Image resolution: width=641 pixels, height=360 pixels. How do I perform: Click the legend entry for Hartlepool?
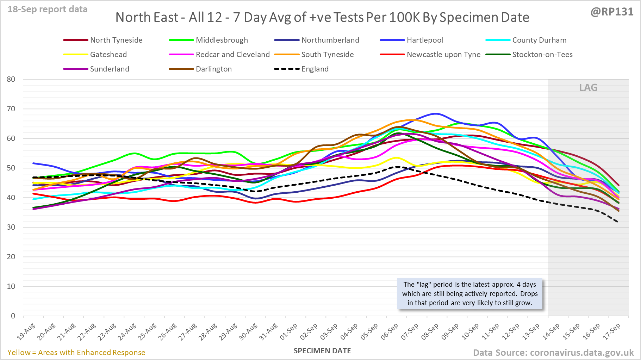point(424,40)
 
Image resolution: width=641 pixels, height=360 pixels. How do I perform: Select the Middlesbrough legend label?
point(222,40)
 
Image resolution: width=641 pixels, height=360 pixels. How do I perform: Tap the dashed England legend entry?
point(315,69)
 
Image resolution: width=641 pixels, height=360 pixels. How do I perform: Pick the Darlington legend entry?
point(213,69)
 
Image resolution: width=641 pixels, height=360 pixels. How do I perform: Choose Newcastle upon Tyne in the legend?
point(443,55)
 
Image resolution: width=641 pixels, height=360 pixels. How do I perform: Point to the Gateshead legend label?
point(108,55)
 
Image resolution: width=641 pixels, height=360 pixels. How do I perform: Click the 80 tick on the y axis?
point(11,79)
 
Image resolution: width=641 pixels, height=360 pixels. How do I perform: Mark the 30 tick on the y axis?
point(11,227)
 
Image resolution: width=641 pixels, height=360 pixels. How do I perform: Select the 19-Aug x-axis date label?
point(27,331)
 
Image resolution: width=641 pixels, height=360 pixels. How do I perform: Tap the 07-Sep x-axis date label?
point(410,331)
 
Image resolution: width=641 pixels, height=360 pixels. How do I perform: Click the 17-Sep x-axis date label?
point(612,331)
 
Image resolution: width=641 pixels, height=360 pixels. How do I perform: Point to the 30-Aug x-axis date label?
point(248,331)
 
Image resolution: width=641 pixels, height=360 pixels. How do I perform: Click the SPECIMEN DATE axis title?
point(322,351)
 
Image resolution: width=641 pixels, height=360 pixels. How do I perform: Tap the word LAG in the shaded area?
point(588,88)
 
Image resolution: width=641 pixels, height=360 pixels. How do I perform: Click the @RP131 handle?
point(612,12)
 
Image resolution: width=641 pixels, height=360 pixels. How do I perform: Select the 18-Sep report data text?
point(48,10)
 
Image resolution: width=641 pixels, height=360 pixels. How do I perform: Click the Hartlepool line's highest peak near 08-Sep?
point(436,114)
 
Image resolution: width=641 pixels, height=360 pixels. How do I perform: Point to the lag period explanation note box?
point(470,294)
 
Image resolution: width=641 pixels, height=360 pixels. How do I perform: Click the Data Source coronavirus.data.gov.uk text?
point(553,353)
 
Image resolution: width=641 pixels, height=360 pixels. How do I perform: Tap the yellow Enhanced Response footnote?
point(76,353)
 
